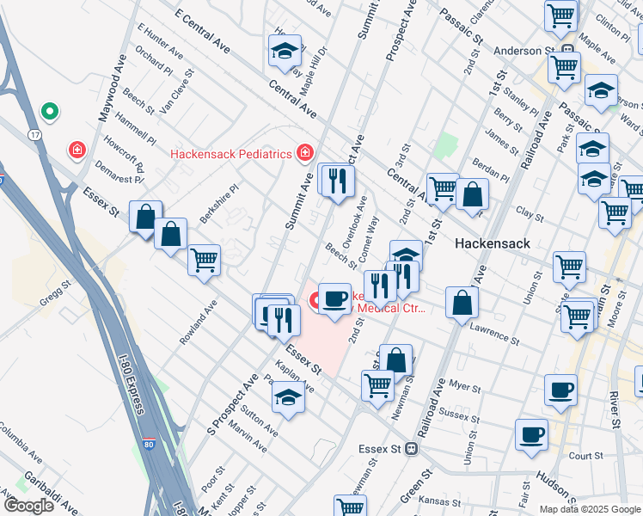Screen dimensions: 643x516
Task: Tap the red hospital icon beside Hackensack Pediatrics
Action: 303,154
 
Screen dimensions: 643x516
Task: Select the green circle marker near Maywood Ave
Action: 50,112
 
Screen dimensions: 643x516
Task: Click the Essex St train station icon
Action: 412,448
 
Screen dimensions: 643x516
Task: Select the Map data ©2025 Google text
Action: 589,509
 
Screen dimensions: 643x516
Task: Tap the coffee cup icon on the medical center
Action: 334,298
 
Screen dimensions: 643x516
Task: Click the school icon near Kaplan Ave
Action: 288,397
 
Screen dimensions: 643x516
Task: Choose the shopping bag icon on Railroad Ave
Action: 462,302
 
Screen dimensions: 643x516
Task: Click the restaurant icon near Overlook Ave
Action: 336,180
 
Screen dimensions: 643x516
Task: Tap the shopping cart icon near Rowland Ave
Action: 204,260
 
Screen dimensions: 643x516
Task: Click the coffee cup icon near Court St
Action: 531,434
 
